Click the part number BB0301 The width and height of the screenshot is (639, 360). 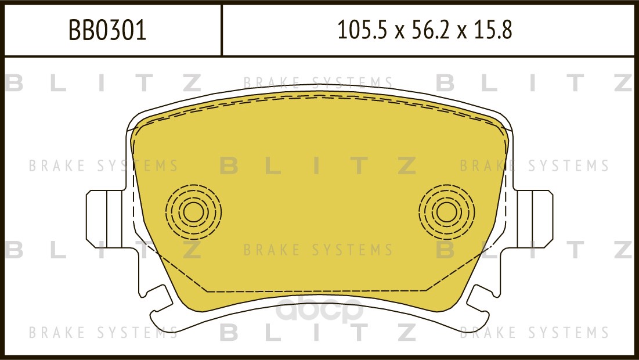tap(107, 31)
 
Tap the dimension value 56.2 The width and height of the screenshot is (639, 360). tap(429, 30)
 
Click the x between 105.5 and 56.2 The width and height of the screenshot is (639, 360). tap(399, 32)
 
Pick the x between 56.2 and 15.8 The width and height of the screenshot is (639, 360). tap(461, 32)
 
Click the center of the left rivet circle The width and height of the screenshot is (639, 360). tap(194, 212)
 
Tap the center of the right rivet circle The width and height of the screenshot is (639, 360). tap(447, 212)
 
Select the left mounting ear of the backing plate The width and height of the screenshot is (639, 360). tap(105, 219)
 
